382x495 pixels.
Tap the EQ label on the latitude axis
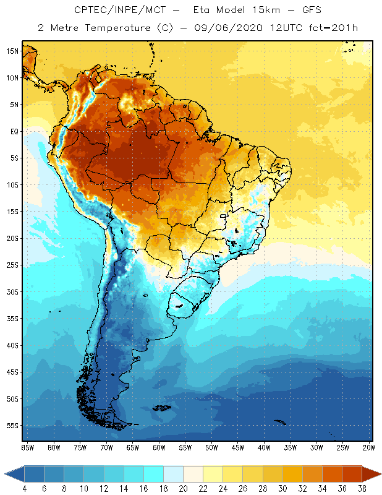coord(14,131)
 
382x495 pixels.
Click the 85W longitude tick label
coord(27,447)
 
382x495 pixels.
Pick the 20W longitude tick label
coord(369,447)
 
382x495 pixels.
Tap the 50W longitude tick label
coord(211,447)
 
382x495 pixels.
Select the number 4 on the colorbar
coord(25,489)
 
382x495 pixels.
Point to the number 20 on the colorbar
coord(183,489)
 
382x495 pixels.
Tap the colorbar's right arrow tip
coord(380,473)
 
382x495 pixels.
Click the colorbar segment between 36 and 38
coord(352,473)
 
